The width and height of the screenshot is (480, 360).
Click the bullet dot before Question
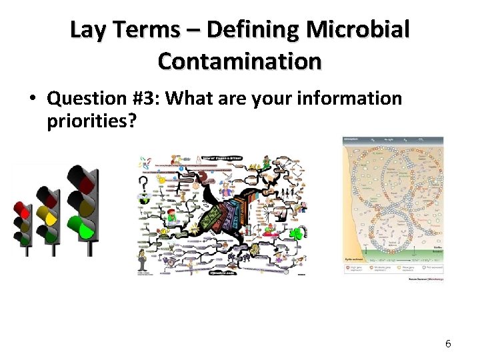[32, 99]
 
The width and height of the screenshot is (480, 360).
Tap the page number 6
[448, 343]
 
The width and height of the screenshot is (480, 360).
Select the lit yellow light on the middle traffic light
[49, 215]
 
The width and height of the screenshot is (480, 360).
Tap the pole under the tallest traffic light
[89, 248]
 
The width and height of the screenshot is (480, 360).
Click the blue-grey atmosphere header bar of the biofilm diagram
[393, 142]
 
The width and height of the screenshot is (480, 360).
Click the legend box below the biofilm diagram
[393, 268]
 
